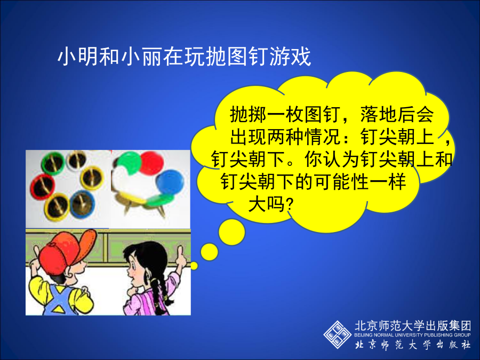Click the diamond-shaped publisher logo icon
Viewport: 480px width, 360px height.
[x=338, y=334]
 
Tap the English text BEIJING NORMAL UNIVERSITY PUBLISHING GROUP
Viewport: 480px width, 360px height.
[x=412, y=335]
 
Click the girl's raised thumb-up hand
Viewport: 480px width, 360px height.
[x=181, y=257]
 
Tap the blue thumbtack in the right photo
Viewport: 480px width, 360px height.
[x=170, y=183]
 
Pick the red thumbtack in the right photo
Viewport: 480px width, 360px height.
[x=152, y=163]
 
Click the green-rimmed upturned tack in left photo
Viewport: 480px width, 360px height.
[x=53, y=164]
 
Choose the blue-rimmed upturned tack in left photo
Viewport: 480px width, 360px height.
[x=82, y=204]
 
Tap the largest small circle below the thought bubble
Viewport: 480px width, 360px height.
[x=232, y=232]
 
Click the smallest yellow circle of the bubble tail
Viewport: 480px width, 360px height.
[x=194, y=266]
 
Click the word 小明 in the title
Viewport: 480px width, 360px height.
[x=78, y=57]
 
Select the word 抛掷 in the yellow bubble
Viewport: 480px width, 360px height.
[x=248, y=115]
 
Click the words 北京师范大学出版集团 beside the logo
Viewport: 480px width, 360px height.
[x=413, y=326]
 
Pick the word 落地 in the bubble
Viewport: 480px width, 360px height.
[x=378, y=115]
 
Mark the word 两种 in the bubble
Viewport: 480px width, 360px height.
[x=285, y=137]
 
